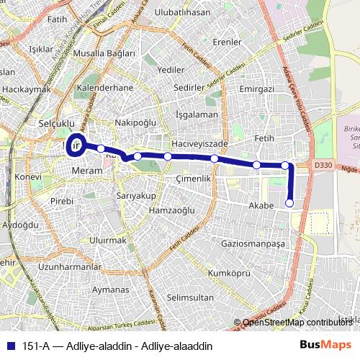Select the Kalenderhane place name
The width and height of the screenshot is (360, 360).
pyautogui.click(x=105, y=88)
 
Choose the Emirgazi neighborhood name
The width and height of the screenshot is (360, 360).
pyautogui.click(x=257, y=89)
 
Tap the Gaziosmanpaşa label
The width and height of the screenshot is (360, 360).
pyautogui.click(x=253, y=244)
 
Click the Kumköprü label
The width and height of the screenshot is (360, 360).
pyautogui.click(x=228, y=274)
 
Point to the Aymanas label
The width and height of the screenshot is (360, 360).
pyautogui.click(x=110, y=289)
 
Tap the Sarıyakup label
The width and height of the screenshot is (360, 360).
pyautogui.click(x=136, y=195)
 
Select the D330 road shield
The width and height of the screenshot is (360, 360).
pyautogui.click(x=323, y=166)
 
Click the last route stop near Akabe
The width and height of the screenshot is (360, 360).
pyautogui.click(x=290, y=204)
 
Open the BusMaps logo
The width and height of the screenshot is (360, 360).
pyautogui.click(x=326, y=344)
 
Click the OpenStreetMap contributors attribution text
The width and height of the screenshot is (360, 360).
pyautogui.click(x=296, y=323)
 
